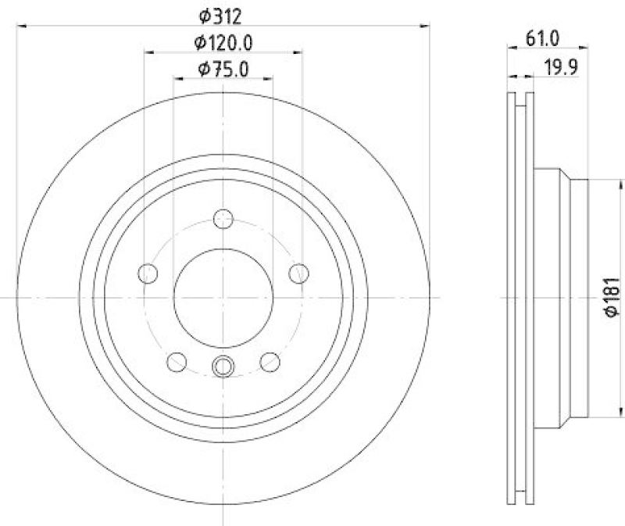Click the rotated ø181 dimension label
[x=612, y=297]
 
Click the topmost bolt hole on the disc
[x=223, y=218]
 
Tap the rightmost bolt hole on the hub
[x=298, y=273]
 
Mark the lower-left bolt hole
[x=177, y=361]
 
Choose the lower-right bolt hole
[x=270, y=361]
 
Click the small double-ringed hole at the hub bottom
[x=223, y=364]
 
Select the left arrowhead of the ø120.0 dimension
[x=148, y=52]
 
